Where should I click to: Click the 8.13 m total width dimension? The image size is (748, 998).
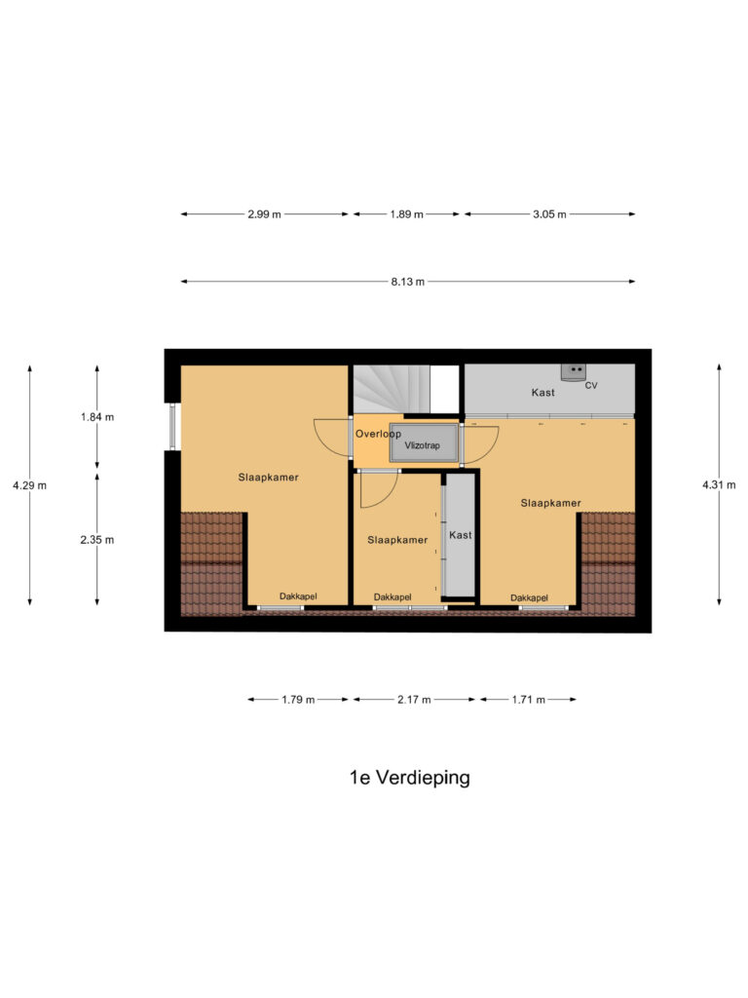[x=407, y=282]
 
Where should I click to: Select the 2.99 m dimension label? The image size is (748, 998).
[x=264, y=214]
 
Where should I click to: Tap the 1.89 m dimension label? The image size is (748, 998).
[x=406, y=214]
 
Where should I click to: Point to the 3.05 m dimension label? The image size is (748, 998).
[x=549, y=214]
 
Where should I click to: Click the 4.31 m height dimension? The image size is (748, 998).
[x=719, y=484]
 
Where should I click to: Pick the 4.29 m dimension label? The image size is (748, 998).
[x=29, y=484]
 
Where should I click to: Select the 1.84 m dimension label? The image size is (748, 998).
[x=96, y=417]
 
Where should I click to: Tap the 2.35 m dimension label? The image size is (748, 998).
[x=96, y=540]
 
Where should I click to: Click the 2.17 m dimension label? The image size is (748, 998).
[x=414, y=700]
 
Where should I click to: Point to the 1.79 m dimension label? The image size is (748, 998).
[x=298, y=700]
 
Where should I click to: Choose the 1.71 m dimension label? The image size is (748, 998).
[x=528, y=700]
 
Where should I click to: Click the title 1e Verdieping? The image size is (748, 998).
[x=409, y=778]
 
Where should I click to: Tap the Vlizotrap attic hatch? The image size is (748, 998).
[x=424, y=443]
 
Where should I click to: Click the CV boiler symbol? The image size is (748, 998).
[x=575, y=371]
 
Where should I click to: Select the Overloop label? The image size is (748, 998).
[x=378, y=433]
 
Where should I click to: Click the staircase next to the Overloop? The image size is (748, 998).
[x=390, y=388]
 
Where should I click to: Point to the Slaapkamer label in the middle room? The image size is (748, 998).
[x=397, y=540]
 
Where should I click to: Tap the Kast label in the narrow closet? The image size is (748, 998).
[x=460, y=535]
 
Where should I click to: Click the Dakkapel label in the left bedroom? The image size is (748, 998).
[x=298, y=596]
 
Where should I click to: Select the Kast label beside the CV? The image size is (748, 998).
[x=542, y=393]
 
